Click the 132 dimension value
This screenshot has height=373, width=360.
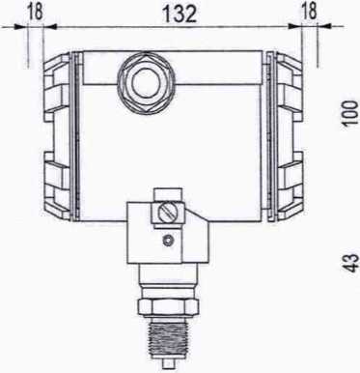tap(180, 14)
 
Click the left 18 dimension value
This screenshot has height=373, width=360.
tap(34, 12)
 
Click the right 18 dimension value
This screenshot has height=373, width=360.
tap(308, 12)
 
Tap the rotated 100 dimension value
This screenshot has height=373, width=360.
tap(350, 112)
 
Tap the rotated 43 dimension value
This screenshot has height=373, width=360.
tap(351, 263)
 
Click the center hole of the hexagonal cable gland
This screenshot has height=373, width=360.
tap(146, 82)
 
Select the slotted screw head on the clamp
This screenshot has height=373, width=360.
tap(167, 213)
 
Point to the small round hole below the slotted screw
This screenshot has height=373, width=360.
tap(168, 240)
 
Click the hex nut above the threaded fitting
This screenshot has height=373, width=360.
tap(167, 306)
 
